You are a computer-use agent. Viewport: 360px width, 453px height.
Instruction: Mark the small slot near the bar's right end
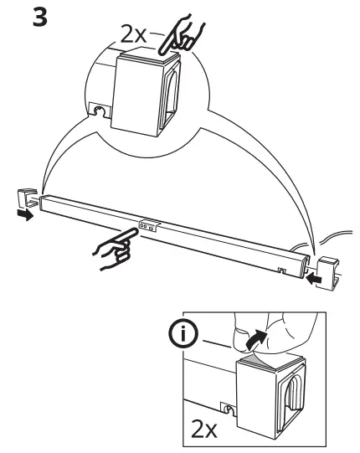pos(280,269)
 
